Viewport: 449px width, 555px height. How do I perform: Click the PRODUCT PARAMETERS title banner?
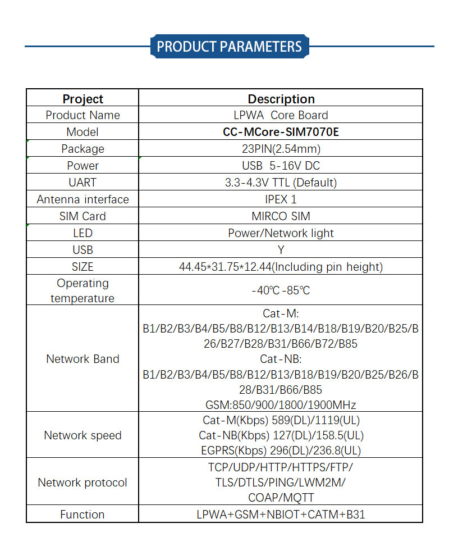pyautogui.click(x=230, y=46)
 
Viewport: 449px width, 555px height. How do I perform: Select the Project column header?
pyautogui.click(x=83, y=99)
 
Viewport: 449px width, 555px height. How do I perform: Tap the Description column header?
pyautogui.click(x=281, y=99)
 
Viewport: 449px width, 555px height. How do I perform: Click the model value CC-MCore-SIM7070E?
pyautogui.click(x=281, y=132)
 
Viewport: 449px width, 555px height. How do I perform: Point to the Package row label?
pyautogui.click(x=83, y=149)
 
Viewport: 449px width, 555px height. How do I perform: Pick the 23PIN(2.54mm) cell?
pyautogui.click(x=281, y=149)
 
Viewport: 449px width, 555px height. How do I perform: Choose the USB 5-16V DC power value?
pyautogui.click(x=281, y=166)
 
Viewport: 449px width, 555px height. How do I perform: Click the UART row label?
pyautogui.click(x=83, y=183)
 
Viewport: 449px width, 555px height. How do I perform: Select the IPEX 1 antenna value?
pyautogui.click(x=281, y=199)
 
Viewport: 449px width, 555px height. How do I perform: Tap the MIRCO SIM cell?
pyautogui.click(x=281, y=216)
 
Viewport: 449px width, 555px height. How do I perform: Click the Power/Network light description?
pyautogui.click(x=281, y=233)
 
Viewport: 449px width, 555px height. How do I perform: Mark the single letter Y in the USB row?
pyautogui.click(x=281, y=250)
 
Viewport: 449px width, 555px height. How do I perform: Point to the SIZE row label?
pyautogui.click(x=83, y=267)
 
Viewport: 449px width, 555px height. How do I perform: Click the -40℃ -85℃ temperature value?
pyautogui.click(x=281, y=290)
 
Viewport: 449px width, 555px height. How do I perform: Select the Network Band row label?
pyautogui.click(x=83, y=359)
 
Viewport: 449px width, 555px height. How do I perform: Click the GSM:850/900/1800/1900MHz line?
pyautogui.click(x=281, y=404)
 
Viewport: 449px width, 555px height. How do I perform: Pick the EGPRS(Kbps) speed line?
pyautogui.click(x=281, y=451)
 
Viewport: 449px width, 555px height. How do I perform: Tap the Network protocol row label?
pyautogui.click(x=83, y=483)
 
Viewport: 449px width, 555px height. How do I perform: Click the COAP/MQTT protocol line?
pyautogui.click(x=281, y=498)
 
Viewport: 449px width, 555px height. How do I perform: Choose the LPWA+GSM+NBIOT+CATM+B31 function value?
pyautogui.click(x=281, y=515)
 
